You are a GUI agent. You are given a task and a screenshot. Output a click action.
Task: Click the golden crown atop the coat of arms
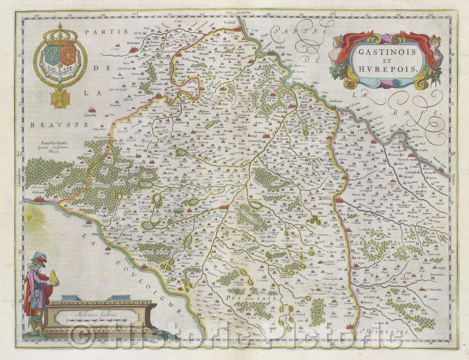(x=60, y=35)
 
